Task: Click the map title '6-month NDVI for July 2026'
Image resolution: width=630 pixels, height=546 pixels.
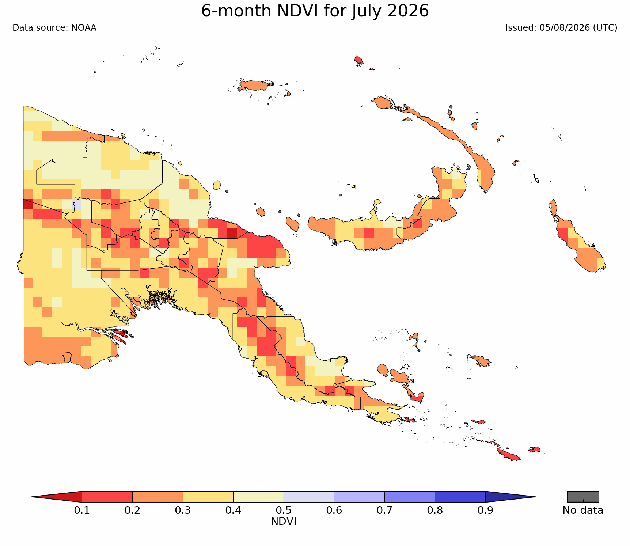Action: click(315, 11)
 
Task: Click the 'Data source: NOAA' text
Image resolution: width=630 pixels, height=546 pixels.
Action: click(54, 28)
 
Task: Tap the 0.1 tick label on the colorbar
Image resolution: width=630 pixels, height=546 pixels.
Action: click(82, 510)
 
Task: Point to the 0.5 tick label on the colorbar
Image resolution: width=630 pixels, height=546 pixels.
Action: click(284, 510)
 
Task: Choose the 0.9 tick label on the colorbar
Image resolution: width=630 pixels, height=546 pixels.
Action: click(485, 510)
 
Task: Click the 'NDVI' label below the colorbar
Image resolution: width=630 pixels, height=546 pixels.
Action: click(284, 522)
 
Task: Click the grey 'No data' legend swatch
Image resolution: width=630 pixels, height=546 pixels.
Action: click(583, 497)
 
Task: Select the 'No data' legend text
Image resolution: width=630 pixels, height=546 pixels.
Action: click(583, 511)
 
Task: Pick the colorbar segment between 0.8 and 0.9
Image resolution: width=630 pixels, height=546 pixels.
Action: click(460, 497)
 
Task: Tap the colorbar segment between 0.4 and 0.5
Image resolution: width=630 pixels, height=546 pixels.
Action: click(258, 497)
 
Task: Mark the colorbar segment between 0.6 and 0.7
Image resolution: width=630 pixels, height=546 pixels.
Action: click(359, 497)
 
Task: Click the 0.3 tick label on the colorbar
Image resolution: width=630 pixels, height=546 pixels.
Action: click(183, 510)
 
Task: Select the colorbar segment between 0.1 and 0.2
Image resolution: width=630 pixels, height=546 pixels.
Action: click(107, 497)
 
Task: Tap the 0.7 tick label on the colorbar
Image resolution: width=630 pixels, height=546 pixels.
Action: click(384, 510)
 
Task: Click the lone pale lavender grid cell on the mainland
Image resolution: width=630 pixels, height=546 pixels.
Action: click(77, 204)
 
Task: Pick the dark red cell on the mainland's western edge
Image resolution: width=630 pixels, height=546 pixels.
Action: click(28, 204)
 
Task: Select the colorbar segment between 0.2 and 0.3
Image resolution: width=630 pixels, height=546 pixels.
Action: click(157, 497)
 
